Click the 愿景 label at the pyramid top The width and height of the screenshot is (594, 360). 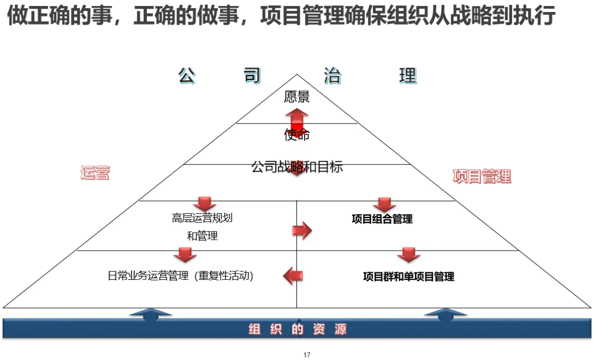297,97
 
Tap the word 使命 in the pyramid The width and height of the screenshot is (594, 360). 297,135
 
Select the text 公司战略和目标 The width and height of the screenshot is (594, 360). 297,167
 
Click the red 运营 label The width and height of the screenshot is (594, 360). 95,172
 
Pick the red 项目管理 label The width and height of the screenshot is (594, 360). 482,176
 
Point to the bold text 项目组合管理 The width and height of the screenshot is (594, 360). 382,219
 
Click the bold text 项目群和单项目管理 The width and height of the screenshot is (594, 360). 409,276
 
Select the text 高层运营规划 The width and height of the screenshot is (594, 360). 202,218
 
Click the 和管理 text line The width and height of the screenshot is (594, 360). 202,236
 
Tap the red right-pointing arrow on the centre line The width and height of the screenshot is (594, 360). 302,231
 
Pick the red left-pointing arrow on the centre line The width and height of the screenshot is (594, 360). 293,275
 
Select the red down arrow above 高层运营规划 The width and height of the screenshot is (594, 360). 204,203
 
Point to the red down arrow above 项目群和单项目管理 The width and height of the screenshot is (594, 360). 409,254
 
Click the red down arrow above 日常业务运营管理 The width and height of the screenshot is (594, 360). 185,254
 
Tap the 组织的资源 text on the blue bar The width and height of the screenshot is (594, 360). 297,329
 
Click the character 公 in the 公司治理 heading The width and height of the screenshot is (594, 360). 187,76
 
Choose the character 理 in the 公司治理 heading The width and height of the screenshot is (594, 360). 408,76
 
